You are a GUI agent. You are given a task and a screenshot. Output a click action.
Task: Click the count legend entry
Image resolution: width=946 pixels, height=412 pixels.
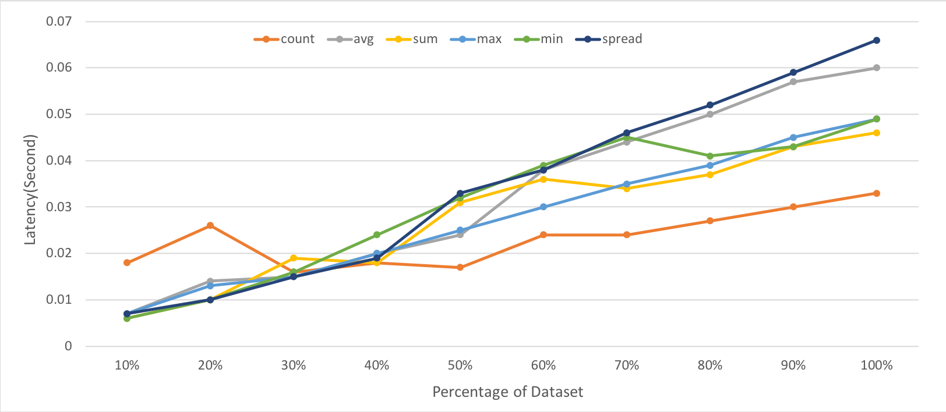(x=285, y=40)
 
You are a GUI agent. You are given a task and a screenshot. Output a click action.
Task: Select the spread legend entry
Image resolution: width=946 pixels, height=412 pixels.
(x=609, y=40)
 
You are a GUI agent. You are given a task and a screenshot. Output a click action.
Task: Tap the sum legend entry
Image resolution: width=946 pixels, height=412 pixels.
(x=412, y=40)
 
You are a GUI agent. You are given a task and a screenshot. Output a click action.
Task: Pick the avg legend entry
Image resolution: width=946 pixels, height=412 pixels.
(x=351, y=40)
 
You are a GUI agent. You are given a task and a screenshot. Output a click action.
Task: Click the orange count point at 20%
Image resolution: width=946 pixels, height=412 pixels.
(x=210, y=226)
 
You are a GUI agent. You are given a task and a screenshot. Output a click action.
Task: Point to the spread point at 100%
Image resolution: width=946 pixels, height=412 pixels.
(x=877, y=41)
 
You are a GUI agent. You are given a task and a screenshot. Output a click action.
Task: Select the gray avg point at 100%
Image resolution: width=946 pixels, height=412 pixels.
(x=877, y=68)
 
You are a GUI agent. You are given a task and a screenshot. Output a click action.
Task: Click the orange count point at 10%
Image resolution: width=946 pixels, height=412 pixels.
(x=127, y=263)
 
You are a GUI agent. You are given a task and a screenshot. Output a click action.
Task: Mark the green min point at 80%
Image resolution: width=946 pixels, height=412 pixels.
(x=710, y=156)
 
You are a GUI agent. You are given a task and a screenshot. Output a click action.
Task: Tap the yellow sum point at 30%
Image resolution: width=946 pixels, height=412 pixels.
(x=294, y=258)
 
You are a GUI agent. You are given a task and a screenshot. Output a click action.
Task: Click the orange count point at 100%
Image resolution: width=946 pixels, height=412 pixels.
(x=877, y=193)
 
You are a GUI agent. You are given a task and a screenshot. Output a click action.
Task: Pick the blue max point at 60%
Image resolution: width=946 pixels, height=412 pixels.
(x=543, y=207)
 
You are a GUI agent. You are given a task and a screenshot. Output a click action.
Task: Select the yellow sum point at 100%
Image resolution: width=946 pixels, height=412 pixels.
(x=877, y=133)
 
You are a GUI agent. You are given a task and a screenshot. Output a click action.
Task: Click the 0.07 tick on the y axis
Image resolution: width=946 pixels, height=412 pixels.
(x=59, y=22)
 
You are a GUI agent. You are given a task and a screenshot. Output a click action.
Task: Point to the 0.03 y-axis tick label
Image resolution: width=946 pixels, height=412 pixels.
(x=59, y=207)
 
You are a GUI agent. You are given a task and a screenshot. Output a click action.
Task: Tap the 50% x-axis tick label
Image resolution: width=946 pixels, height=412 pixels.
(x=460, y=365)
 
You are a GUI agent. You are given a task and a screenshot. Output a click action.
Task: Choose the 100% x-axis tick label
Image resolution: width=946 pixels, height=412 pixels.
(x=877, y=365)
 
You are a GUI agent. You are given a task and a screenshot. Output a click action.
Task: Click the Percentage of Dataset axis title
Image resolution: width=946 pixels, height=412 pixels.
(x=507, y=392)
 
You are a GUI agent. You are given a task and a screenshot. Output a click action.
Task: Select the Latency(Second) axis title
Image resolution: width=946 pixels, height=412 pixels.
(x=30, y=190)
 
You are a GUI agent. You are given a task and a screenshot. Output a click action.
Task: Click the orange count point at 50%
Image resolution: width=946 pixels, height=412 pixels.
(x=460, y=268)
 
